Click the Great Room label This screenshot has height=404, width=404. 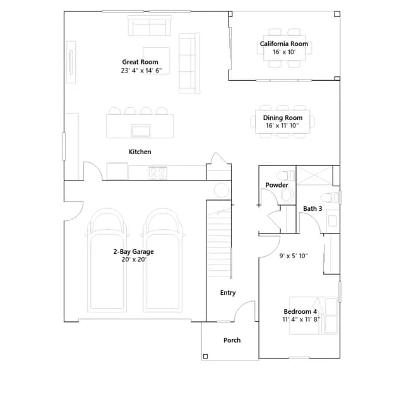click(x=140, y=62)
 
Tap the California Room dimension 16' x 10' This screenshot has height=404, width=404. click(x=284, y=52)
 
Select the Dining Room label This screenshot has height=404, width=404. click(x=283, y=118)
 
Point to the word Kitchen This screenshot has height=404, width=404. click(x=140, y=151)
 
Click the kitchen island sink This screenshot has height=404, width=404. click(x=141, y=131)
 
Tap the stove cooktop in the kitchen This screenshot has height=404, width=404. click(x=157, y=172)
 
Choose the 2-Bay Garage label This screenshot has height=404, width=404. click(x=133, y=252)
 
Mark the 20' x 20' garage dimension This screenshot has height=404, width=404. click(x=134, y=259)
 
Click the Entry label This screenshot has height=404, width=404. click(x=228, y=293)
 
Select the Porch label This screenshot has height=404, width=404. click(x=232, y=340)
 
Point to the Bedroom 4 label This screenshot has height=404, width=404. click(x=300, y=312)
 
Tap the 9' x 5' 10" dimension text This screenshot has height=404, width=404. click(x=294, y=256)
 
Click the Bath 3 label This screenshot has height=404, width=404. click(x=312, y=209)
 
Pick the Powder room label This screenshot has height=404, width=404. click(x=276, y=185)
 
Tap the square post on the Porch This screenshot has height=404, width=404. click(x=205, y=356)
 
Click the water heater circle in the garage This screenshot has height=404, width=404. click(x=222, y=190)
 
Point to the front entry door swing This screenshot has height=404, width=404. click(x=245, y=311)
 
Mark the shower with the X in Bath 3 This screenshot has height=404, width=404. click(x=314, y=175)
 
